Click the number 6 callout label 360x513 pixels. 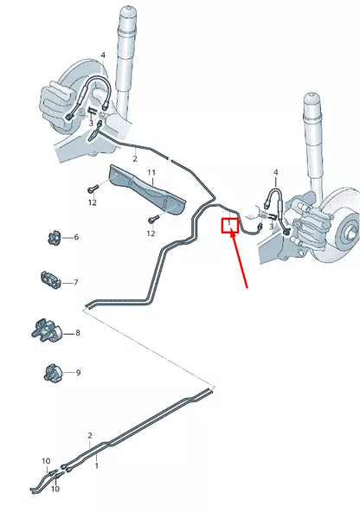76,237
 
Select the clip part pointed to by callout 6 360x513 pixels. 52,235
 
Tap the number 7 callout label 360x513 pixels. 76,283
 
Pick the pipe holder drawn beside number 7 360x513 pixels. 51,280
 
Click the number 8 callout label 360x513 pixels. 77,332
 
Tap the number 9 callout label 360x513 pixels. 77,373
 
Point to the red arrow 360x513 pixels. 241,260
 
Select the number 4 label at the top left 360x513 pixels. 102,55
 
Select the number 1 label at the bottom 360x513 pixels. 96,465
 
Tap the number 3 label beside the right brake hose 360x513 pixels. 270,227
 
